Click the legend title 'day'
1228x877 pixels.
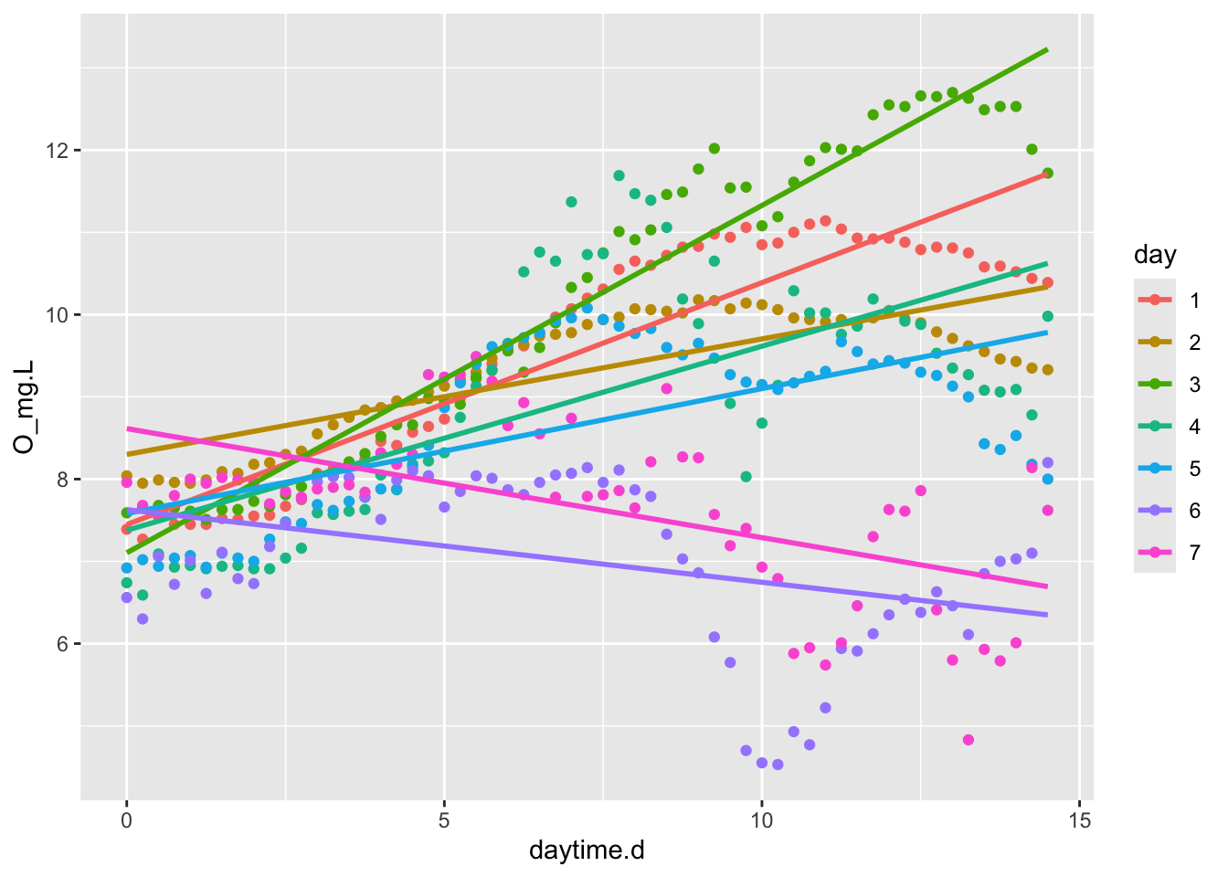tap(1155, 255)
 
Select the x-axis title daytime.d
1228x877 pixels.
tap(587, 851)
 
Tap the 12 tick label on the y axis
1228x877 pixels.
tap(57, 151)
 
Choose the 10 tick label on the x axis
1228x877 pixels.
tap(761, 821)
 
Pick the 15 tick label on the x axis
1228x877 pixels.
tap(1079, 821)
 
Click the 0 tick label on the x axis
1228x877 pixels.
tap(127, 821)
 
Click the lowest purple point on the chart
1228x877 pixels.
tap(778, 765)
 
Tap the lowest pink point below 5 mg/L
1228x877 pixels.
tap(969, 740)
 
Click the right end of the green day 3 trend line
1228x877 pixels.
tap(1047, 49)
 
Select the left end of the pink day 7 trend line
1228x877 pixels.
tap(128, 428)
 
